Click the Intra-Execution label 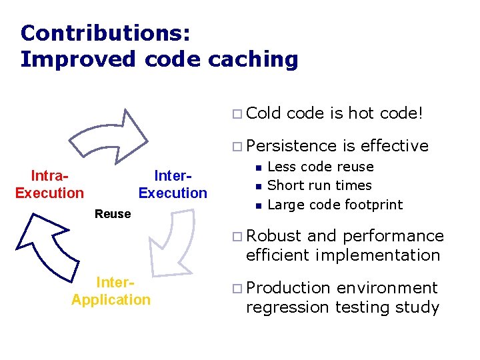click(x=49, y=185)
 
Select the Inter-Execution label click(x=173, y=185)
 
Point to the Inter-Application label click(x=111, y=291)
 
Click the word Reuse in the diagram click(x=113, y=214)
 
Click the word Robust click(x=273, y=236)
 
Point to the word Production click(x=288, y=288)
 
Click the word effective click(x=394, y=146)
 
